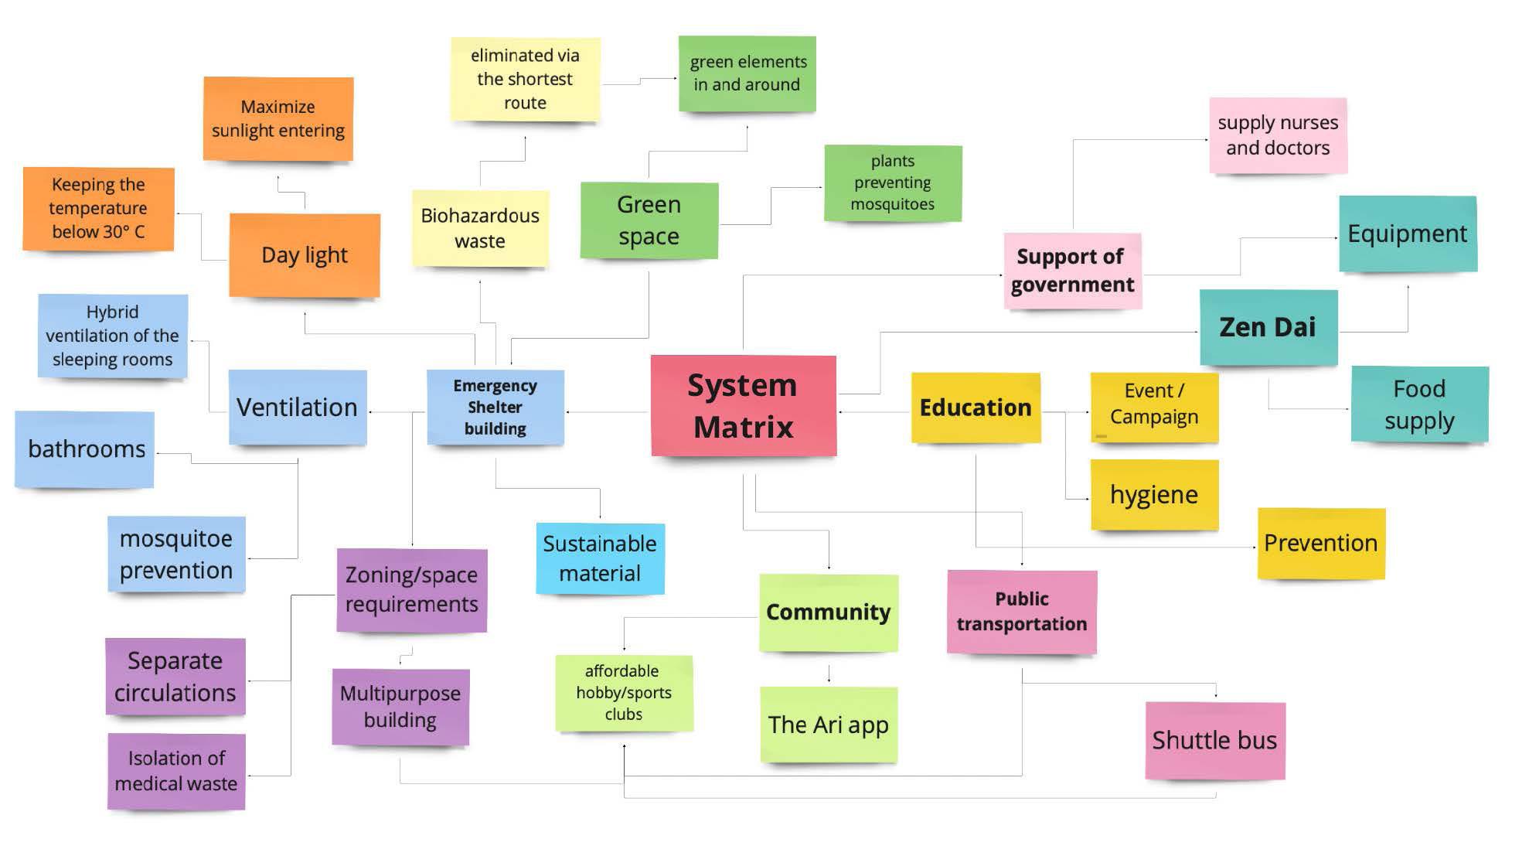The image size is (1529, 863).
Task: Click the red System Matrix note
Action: tap(743, 405)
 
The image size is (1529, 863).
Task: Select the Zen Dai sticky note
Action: tap(1268, 327)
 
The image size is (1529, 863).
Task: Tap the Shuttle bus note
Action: tap(1214, 740)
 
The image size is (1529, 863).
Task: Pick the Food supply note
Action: tap(1419, 404)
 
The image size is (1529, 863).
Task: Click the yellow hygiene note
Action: tap(1154, 494)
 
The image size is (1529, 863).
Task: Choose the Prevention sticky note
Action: tap(1320, 543)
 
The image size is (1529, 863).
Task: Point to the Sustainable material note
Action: tap(600, 558)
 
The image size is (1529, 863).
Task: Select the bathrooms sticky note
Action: tap(85, 449)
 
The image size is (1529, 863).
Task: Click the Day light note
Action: tap(305, 255)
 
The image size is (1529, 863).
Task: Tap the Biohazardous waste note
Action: tap(480, 228)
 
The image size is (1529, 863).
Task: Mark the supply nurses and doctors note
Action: tap(1278, 135)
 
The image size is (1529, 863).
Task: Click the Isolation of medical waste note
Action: tap(176, 771)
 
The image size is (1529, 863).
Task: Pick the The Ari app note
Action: tap(828, 725)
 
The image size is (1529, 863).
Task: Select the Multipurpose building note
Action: tap(400, 706)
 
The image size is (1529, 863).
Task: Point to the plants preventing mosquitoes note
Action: tap(893, 182)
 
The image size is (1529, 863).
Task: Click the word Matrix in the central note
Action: tap(743, 427)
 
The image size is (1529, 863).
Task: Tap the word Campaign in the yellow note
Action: tap(1154, 417)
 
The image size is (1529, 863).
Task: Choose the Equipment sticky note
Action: tap(1407, 234)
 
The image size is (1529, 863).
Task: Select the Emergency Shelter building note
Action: tap(495, 407)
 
